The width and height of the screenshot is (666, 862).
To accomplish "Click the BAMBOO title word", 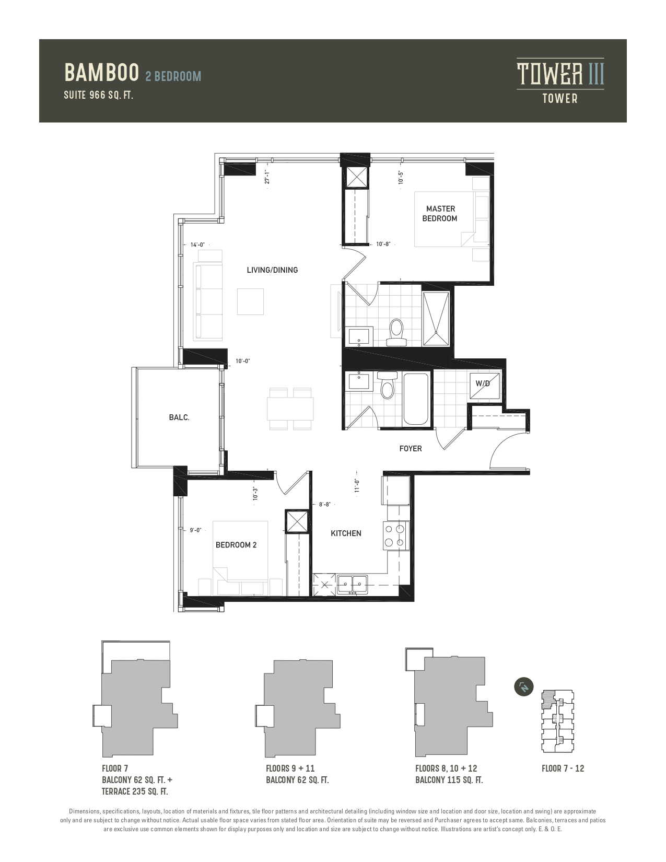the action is coord(101,73).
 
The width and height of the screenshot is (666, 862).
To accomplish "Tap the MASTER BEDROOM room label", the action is coord(440,214).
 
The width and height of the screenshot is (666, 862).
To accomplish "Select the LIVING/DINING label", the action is coord(272,270).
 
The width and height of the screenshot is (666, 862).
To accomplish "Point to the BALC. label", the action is coord(179,417).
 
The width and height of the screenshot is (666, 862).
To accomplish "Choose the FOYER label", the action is coord(411,449).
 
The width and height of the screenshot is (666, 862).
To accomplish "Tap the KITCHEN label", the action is coord(346,533).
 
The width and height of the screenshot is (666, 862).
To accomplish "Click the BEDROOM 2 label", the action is coord(236,545).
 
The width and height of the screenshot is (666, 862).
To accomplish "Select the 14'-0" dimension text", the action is coord(197,244).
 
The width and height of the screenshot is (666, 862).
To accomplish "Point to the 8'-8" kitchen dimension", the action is coord(324,505).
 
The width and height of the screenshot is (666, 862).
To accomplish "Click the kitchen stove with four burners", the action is coord(395,536).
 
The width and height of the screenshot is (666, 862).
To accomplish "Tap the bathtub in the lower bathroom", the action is coord(416,400).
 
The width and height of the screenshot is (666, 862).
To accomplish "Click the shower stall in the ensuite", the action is coord(436,319).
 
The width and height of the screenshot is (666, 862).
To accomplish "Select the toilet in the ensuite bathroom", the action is coord(396,333).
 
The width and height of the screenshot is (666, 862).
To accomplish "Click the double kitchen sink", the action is coord(352,584).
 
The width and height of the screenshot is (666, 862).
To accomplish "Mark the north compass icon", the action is coord(524,686).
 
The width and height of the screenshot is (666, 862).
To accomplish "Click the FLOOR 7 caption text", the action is coord(115,768).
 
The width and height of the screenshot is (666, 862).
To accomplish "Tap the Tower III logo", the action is coord(560,81).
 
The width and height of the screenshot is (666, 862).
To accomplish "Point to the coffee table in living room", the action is coord(251,301).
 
